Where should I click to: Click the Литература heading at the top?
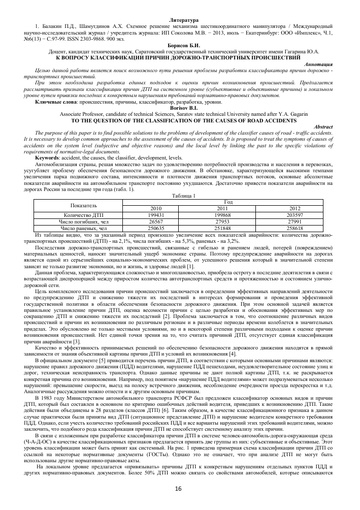180,19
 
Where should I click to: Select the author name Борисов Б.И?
180,46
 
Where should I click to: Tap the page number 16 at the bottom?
178,488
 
